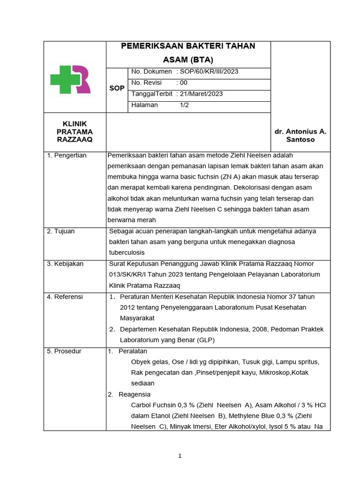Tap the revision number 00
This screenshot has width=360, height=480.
coord(184,82)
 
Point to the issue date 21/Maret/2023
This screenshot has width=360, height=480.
coord(202,94)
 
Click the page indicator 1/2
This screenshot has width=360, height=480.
coord(184,105)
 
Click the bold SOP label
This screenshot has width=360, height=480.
coord(117,88)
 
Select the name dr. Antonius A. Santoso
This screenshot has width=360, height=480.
coord(300,135)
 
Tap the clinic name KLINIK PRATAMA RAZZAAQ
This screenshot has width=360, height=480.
coord(75,132)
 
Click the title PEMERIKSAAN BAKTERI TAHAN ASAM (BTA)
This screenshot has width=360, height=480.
coord(188,52)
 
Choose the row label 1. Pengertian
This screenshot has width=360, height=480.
coord(67,155)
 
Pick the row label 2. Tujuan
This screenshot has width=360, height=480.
coord(61,231)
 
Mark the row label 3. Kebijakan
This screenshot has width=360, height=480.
coord(65,263)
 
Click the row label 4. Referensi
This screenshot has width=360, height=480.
coord(65,296)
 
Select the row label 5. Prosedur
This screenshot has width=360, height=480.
coord(64,351)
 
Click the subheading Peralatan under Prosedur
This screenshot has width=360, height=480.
coord(133,351)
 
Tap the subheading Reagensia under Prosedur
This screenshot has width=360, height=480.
coord(135,394)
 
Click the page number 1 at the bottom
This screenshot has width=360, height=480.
coord(180,457)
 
